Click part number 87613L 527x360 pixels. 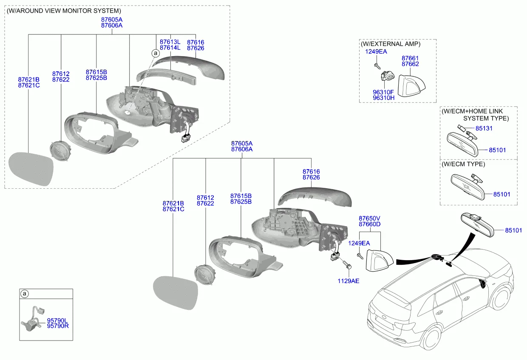(x=170, y=42)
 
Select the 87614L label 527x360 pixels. (x=170, y=48)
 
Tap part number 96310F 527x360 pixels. (x=383, y=92)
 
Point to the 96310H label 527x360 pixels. (x=383, y=98)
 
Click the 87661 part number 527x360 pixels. (x=410, y=58)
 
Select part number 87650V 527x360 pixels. (x=369, y=218)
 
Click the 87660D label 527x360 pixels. (x=369, y=224)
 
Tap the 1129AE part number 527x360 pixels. (x=348, y=281)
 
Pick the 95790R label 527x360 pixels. (x=57, y=326)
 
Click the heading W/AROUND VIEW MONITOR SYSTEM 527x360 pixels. (x=64, y=11)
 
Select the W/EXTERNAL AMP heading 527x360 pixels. (x=390, y=44)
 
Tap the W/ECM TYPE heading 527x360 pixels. (x=463, y=164)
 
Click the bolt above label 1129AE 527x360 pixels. (x=347, y=265)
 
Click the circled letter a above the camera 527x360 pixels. (x=24, y=294)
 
